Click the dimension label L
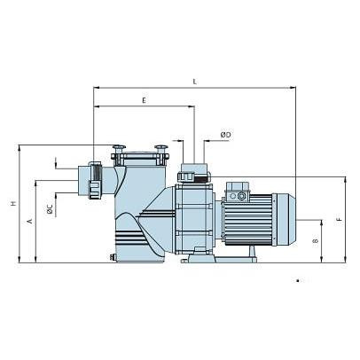coord(194,82)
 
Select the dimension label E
coord(144,100)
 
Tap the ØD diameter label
coord(225,135)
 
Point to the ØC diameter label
coord(50,209)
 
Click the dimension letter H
coord(13,204)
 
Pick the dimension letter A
coord(29,221)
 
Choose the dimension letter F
coord(340,220)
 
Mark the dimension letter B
coord(316,241)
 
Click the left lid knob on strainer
coord(119,148)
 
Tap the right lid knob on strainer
coord(161,148)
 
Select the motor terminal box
coord(238,192)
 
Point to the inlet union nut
coord(95,180)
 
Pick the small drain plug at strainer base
coord(112,257)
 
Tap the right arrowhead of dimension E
coord(192,106)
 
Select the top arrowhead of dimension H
coord(20,148)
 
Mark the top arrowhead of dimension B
coord(321,223)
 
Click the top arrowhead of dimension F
coord(345,180)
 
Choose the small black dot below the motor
coord(298,281)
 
